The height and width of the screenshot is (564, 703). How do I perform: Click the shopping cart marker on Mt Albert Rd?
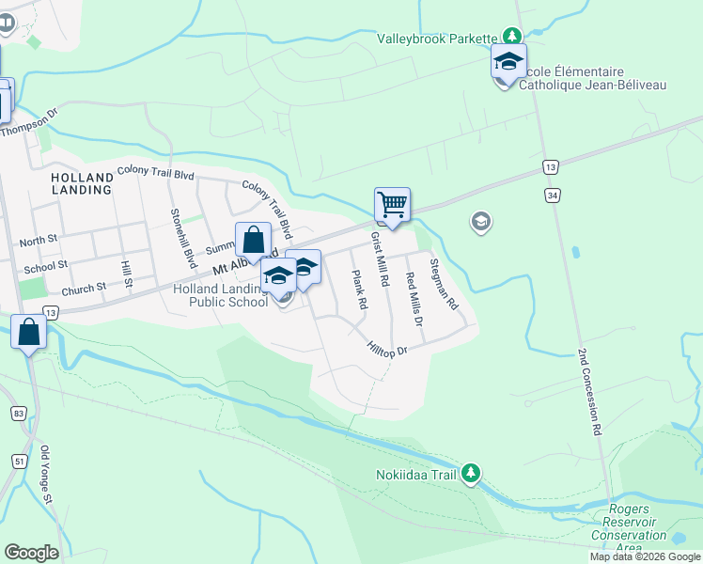click(x=391, y=204)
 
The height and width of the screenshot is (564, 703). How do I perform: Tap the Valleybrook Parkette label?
click(x=437, y=39)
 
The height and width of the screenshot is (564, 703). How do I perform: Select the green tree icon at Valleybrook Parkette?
click(x=512, y=37)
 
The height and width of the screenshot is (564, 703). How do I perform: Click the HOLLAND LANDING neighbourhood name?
click(x=82, y=182)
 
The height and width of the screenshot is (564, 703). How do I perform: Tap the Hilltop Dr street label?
click(x=386, y=350)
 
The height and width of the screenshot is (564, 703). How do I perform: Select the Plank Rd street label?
click(x=358, y=290)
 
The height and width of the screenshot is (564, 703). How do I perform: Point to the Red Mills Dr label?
click(x=414, y=299)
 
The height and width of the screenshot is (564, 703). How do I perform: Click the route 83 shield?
click(x=19, y=413)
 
